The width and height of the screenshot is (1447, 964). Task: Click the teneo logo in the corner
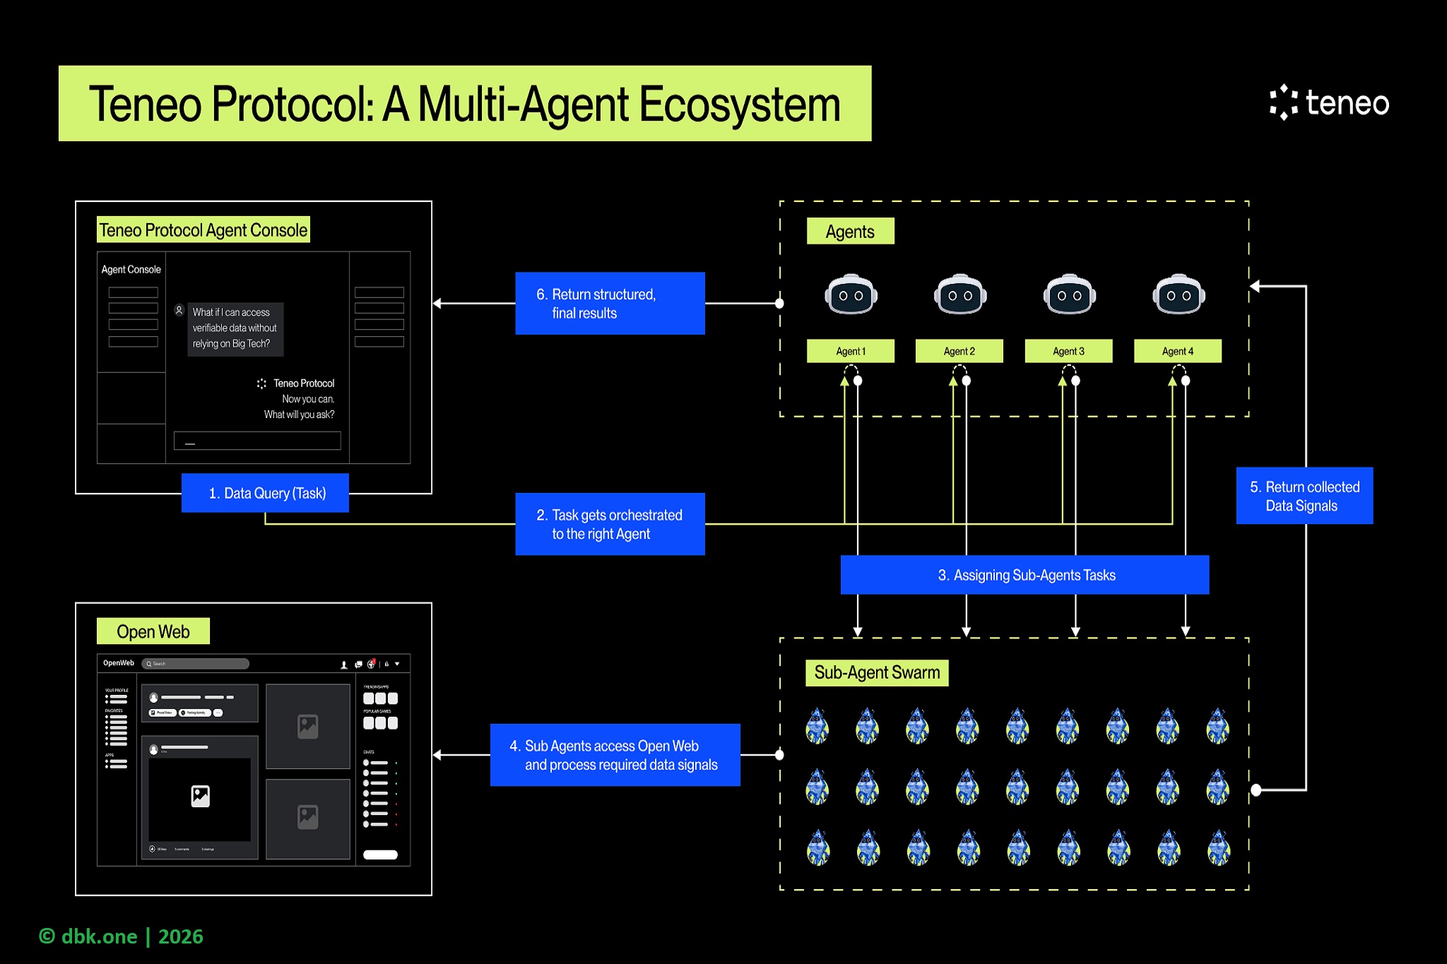(1329, 103)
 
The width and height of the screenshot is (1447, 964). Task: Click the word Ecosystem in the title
(740, 105)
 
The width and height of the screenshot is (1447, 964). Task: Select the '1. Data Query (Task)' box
(265, 493)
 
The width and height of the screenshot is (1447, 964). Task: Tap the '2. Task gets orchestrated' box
(610, 524)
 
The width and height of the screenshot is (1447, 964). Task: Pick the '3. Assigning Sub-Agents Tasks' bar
(1024, 575)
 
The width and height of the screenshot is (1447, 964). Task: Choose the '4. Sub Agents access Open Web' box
(615, 755)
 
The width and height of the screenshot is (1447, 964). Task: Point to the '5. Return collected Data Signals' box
(1304, 496)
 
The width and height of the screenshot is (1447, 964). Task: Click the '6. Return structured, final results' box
(610, 304)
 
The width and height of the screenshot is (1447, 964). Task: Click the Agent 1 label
(851, 351)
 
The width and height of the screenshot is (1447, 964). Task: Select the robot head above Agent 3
(1069, 294)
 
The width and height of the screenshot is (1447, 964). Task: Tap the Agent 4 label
(1178, 351)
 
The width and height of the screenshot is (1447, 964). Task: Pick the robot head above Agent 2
(959, 294)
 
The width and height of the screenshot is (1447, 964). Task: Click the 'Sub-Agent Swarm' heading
(877, 672)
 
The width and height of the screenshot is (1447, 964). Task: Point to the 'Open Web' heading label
(153, 631)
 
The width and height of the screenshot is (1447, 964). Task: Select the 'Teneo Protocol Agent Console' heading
(203, 230)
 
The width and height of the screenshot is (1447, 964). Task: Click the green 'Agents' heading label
(850, 232)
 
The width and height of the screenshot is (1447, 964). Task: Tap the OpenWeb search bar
(196, 664)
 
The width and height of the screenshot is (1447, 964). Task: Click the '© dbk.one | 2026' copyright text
(121, 936)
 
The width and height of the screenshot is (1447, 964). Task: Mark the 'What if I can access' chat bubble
(235, 328)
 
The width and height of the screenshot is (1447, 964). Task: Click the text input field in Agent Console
(257, 441)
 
